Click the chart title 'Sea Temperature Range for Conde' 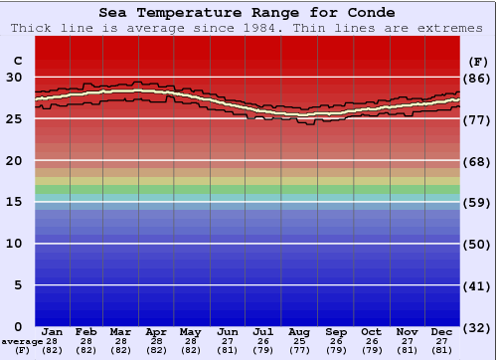(248, 13)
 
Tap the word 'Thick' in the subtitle (33, 28)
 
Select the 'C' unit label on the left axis (16, 61)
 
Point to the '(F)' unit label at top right (478, 61)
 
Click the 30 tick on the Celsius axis (16, 78)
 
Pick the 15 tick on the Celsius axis (16, 202)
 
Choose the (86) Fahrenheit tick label (478, 78)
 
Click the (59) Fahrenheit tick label (478, 202)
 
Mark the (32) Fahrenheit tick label (478, 327)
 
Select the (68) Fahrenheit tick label (478, 161)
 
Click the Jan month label (53, 332)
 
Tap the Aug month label (299, 332)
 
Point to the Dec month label (442, 332)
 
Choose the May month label (191, 332)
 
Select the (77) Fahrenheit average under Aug (299, 350)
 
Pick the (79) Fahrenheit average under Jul (263, 350)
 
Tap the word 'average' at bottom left (21, 341)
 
